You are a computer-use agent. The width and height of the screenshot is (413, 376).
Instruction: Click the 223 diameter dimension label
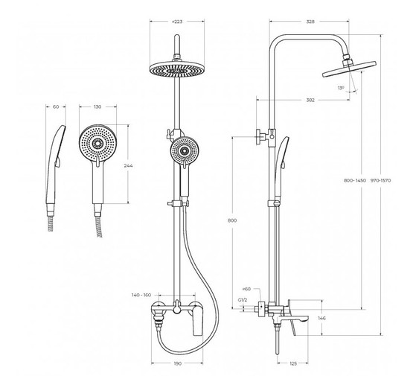click(177, 22)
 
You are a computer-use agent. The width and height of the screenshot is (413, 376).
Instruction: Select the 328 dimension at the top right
click(310, 22)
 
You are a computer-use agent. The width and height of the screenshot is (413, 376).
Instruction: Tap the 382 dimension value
click(310, 100)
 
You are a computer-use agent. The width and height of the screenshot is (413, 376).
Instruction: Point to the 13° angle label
click(341, 88)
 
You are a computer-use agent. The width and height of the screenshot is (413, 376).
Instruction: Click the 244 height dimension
click(128, 166)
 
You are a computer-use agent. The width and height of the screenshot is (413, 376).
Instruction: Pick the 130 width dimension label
click(97, 107)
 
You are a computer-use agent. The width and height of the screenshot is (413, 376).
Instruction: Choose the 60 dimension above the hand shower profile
click(56, 107)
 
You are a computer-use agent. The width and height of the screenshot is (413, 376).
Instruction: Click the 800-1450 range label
click(355, 180)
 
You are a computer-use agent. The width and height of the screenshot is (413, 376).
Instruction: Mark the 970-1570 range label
click(380, 180)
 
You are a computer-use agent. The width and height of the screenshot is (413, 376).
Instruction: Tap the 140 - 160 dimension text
click(141, 295)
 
